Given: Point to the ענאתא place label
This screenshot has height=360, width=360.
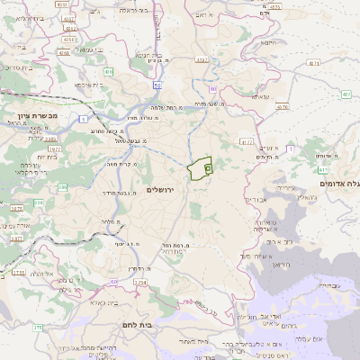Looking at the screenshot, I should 259,96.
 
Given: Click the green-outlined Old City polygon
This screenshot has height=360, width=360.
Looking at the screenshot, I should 199,167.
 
